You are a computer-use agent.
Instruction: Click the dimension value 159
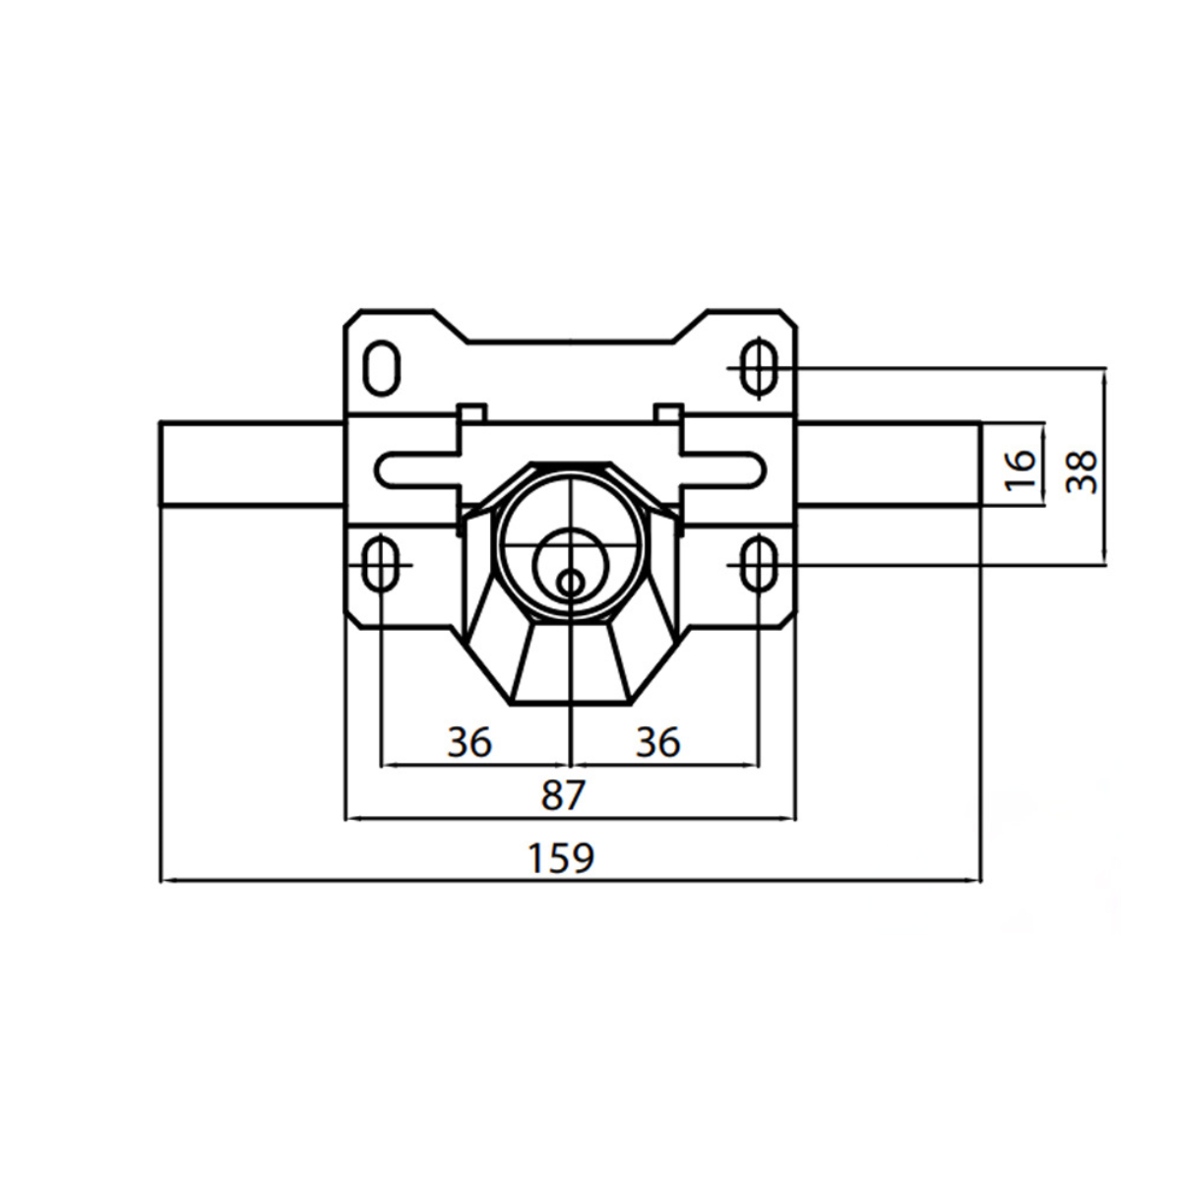point(561,858)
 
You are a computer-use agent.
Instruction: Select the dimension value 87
point(563,795)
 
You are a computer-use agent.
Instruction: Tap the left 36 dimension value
point(469,742)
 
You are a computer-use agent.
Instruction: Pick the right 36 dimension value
point(657,742)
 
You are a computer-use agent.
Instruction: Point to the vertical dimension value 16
point(1021,470)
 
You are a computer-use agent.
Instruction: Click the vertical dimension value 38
point(1081,472)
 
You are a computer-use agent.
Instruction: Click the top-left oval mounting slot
point(382,368)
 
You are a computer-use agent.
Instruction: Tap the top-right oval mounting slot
point(760,368)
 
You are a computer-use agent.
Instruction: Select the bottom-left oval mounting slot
point(382,563)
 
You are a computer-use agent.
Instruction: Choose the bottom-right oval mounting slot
point(760,563)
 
